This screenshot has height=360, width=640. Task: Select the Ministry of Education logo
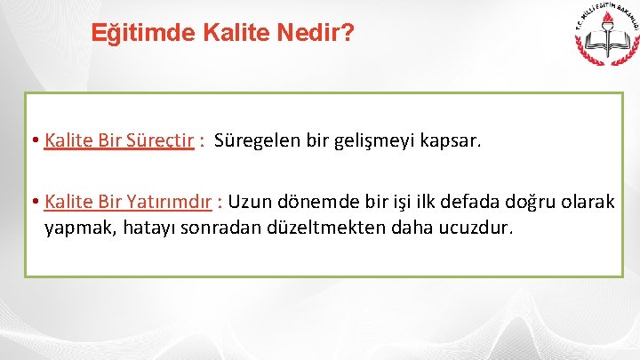click(604, 42)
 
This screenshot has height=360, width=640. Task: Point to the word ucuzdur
click(477, 228)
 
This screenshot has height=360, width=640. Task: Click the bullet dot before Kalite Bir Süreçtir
click(33, 140)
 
